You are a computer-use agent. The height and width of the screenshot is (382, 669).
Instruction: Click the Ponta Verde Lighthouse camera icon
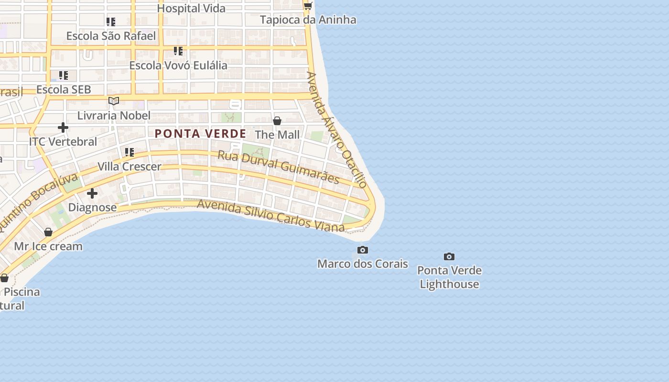point(449,257)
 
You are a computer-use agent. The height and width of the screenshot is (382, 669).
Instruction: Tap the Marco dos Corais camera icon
point(363,250)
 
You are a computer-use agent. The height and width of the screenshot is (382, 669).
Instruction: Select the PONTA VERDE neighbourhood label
point(200,134)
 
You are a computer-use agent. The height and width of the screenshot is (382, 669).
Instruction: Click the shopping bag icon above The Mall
point(277,121)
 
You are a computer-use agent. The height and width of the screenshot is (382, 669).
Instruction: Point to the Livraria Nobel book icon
point(114,101)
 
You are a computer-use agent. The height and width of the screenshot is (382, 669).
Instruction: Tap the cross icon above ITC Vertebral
point(63,127)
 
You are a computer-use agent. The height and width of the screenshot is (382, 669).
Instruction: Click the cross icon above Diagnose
point(92,193)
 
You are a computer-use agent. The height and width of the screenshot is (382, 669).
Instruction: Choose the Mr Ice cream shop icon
point(48,233)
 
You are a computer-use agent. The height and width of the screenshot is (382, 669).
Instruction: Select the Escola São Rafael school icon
point(111,22)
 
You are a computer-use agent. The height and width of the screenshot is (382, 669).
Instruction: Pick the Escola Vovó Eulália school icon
point(178,51)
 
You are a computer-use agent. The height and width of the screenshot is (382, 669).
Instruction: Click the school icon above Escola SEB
point(64,75)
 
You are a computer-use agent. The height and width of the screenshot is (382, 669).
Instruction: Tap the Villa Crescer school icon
point(129,152)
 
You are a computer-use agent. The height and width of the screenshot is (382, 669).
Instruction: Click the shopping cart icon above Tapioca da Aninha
point(308,6)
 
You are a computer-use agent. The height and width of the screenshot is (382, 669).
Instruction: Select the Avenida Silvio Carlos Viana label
point(270,216)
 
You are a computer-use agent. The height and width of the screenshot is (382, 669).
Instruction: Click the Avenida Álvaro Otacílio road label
point(337,129)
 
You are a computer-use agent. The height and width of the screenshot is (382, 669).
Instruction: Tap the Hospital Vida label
point(191,8)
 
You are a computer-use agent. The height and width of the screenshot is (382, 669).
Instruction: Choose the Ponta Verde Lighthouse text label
point(449,277)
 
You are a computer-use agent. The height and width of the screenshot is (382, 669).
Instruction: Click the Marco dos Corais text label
point(363,264)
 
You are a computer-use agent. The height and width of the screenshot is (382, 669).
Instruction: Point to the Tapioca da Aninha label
point(308,20)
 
